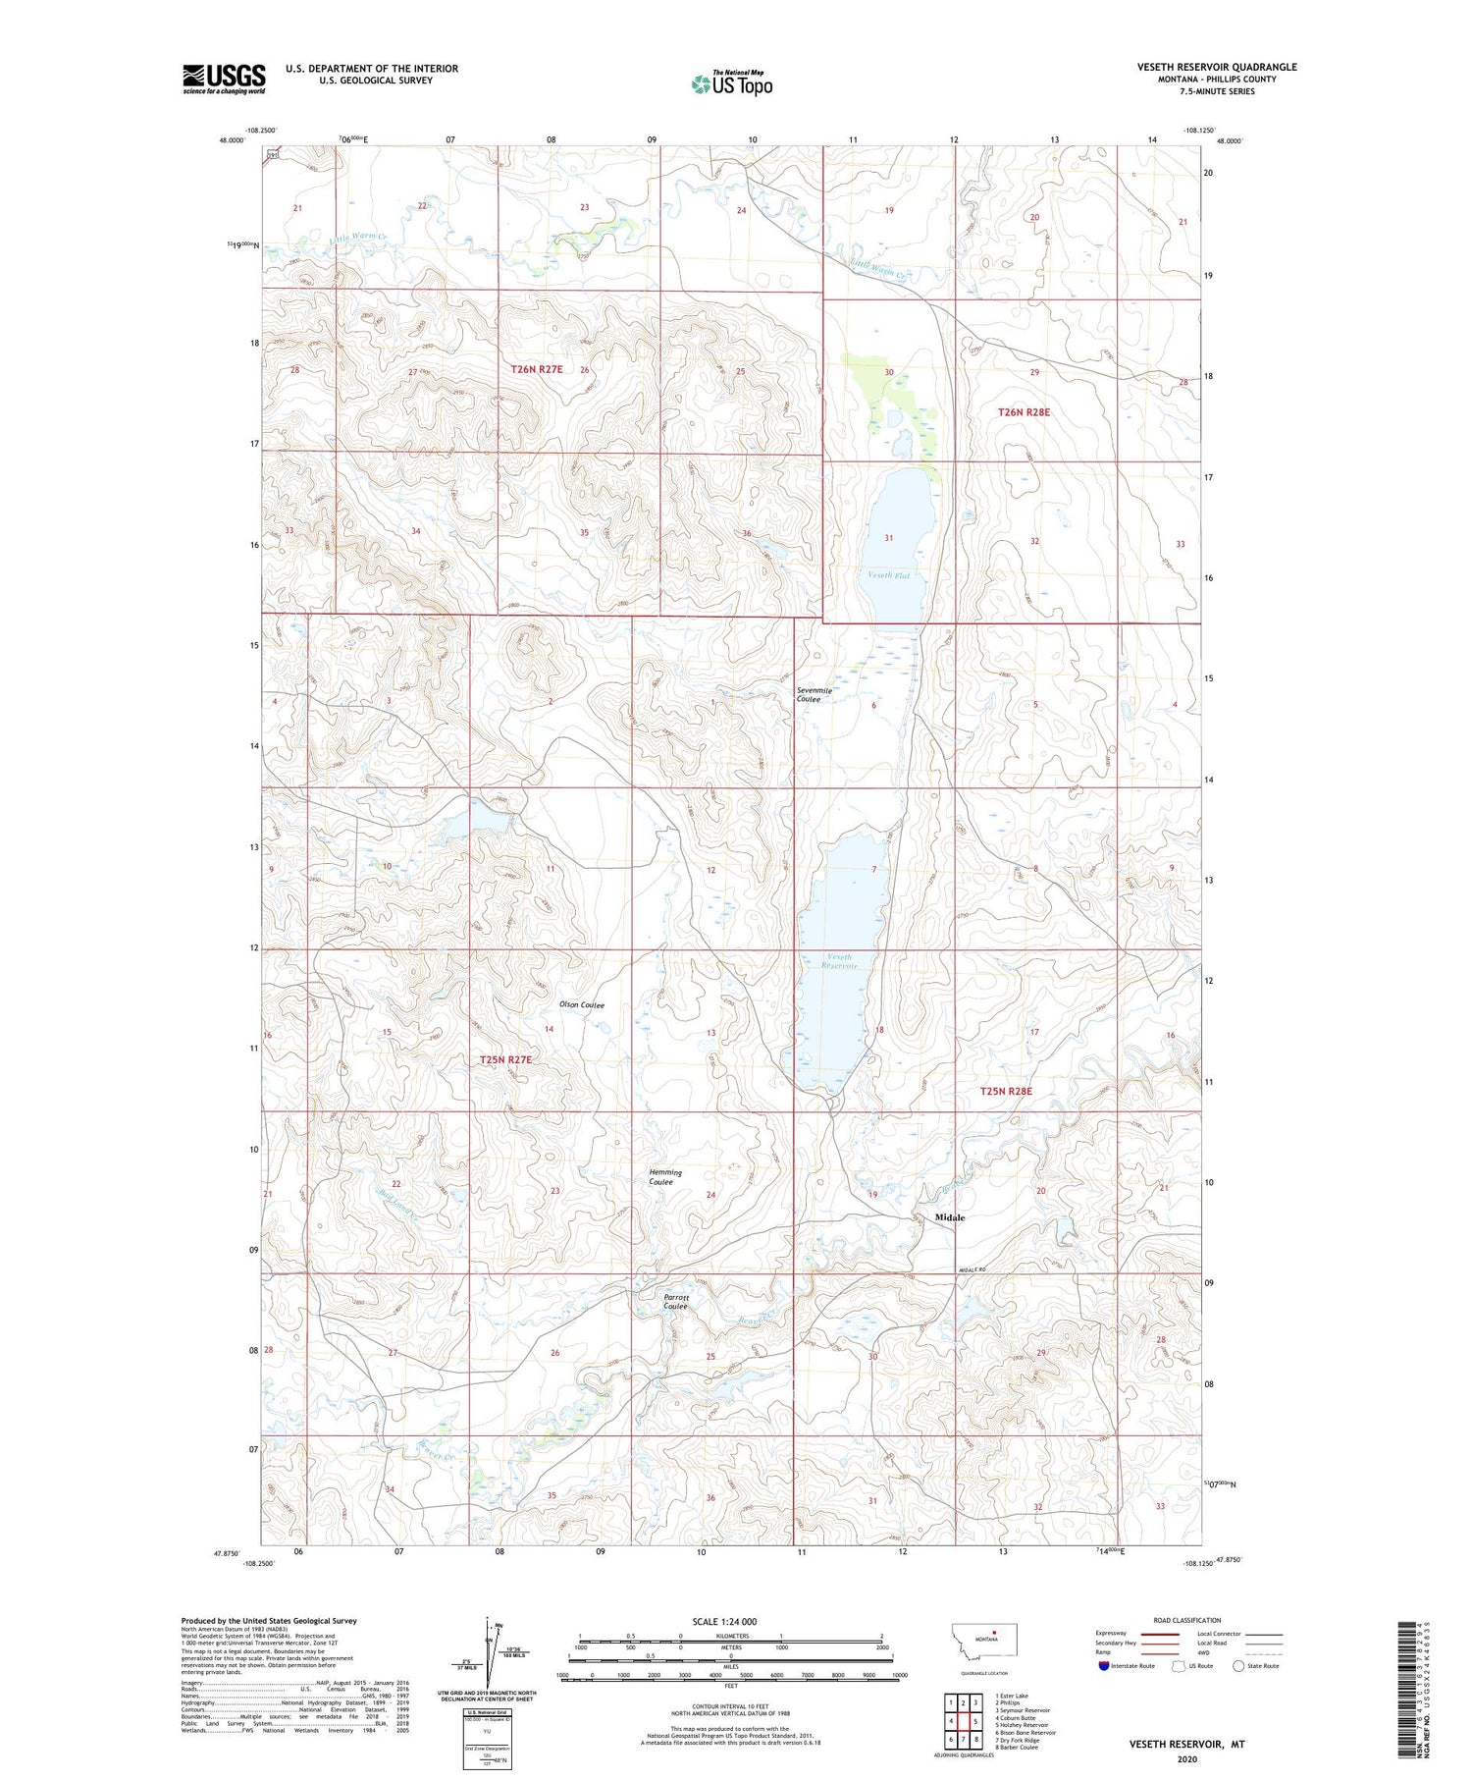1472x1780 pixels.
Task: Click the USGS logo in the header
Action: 224,79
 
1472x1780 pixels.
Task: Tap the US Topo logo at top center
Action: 731,84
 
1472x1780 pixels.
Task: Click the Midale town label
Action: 949,1217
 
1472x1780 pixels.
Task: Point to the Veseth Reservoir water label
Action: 839,961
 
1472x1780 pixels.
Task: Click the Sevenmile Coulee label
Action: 814,694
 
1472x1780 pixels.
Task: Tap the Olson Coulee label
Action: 581,1005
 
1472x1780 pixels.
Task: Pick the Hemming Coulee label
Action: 664,1177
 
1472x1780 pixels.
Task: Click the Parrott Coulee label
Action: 676,1302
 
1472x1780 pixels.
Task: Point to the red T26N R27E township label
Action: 537,369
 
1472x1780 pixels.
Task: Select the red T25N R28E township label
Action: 1007,1091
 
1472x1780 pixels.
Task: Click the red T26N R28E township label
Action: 1024,412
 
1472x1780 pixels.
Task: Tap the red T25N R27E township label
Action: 505,1060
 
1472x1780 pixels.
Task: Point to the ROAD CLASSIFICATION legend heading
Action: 1187,1620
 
